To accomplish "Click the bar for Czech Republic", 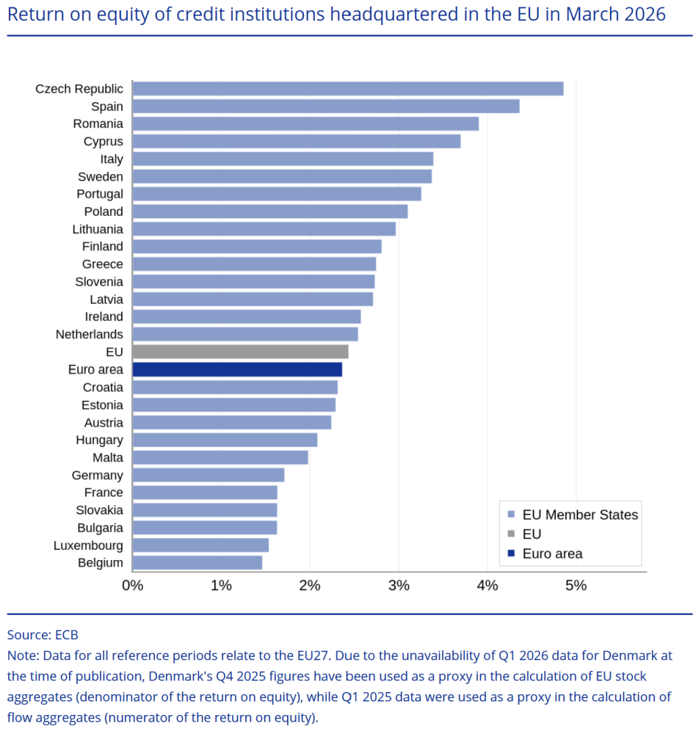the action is [348, 89].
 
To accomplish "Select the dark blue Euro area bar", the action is [237, 369].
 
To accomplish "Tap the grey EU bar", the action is [240, 352].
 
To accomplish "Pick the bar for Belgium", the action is [197, 563].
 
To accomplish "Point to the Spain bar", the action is [326, 106].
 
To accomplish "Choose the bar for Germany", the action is [209, 475].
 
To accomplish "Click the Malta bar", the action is [220, 457].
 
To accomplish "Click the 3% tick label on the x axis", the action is [399, 586].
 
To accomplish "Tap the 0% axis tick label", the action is [133, 586].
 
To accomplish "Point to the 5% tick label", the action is [576, 586].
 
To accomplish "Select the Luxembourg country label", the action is [88, 545].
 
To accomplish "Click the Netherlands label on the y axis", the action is [90, 334].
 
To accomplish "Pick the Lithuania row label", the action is [98, 229].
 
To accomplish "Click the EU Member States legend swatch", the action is [511, 515].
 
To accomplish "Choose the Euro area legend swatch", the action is [511, 553].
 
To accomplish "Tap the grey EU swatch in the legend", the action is [511, 534].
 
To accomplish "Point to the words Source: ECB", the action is [43, 635].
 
